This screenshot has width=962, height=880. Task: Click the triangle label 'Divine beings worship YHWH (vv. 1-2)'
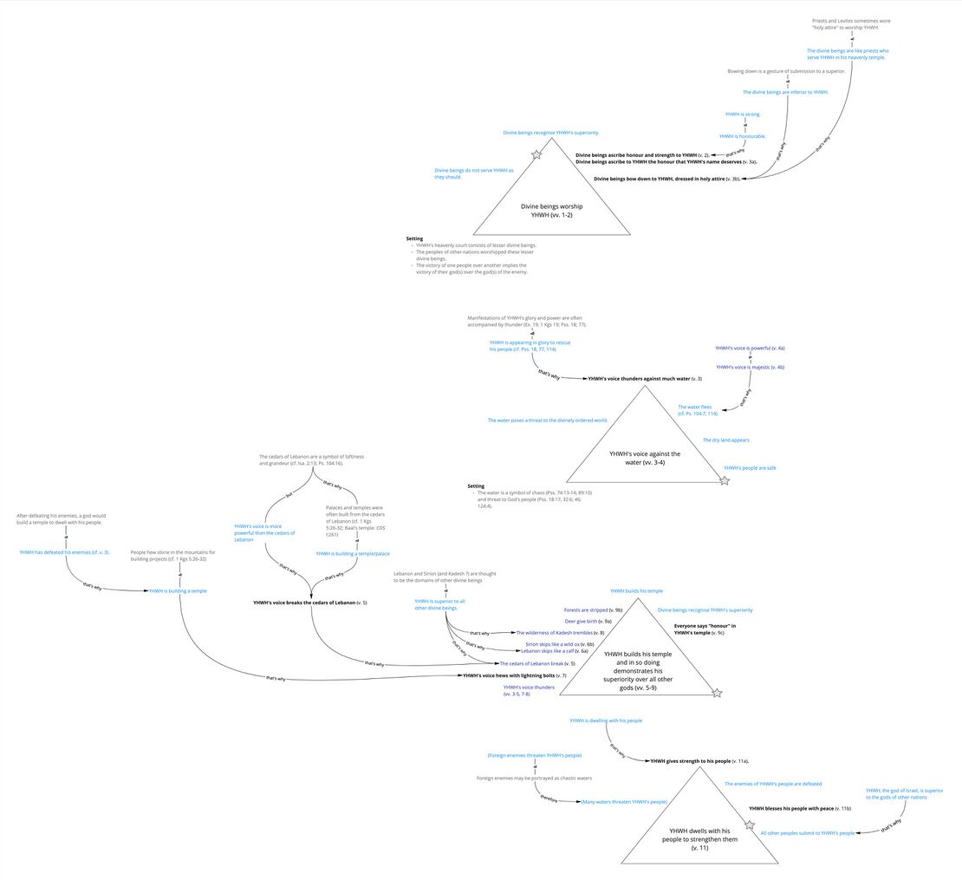point(551,210)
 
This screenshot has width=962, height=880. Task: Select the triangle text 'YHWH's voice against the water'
point(644,458)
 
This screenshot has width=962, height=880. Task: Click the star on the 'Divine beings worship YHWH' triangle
point(536,154)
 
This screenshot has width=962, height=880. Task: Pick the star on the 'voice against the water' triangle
point(725,480)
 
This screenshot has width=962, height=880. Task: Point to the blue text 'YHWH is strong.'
point(743,114)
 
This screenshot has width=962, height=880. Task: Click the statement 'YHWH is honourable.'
point(743,136)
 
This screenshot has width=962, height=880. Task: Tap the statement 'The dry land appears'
point(725,440)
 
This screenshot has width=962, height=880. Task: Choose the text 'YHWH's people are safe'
point(750,468)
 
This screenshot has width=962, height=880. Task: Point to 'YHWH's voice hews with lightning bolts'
point(514,675)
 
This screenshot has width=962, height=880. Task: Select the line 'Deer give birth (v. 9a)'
point(588,622)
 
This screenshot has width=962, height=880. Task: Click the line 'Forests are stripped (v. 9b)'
point(593,610)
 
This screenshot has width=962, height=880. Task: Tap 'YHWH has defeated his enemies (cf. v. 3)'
point(65,552)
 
